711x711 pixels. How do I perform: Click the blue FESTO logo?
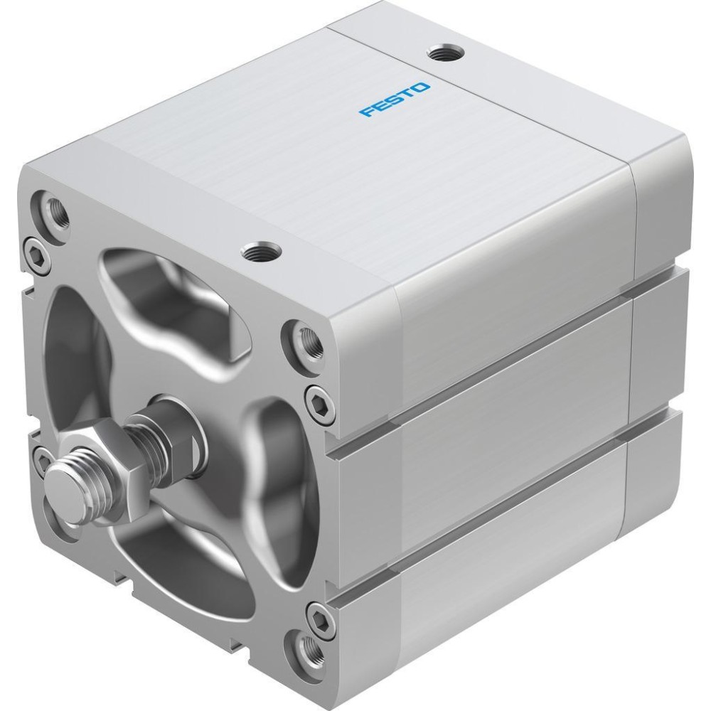(x=394, y=100)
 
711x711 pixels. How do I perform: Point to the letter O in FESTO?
(x=420, y=87)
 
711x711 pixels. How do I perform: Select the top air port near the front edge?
(x=261, y=250)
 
